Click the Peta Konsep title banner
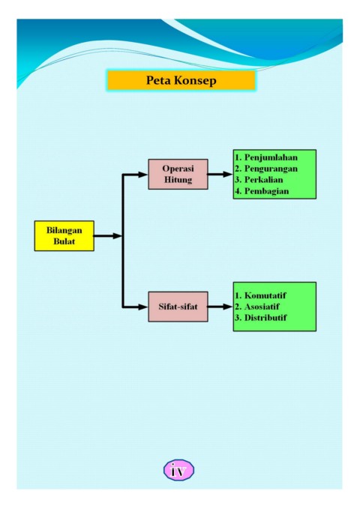click(181, 80)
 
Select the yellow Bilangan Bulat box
click(64, 235)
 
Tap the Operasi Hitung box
click(178, 174)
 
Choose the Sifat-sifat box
click(178, 307)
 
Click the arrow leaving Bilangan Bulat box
click(108, 236)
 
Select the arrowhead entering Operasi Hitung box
click(143, 175)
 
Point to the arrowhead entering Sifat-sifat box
click(143, 307)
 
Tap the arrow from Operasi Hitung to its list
click(220, 175)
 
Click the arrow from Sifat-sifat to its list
click(220, 307)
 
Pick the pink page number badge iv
click(178, 470)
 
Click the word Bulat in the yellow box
click(64, 241)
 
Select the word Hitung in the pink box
click(178, 179)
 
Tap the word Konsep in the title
click(197, 80)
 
